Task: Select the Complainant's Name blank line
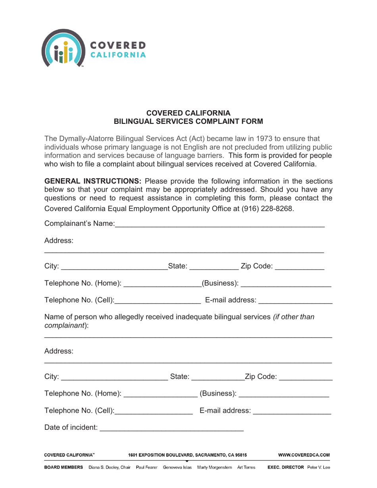220,225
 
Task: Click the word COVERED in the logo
118,46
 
